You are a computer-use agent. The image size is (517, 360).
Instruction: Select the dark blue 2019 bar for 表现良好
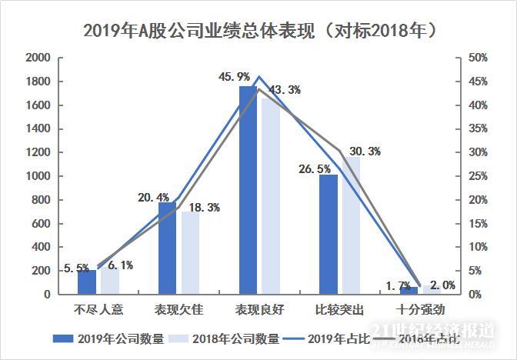(x=248, y=192)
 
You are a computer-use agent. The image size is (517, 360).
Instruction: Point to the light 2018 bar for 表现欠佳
(x=189, y=254)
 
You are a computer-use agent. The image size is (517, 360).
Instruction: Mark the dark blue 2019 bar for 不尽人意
(x=87, y=282)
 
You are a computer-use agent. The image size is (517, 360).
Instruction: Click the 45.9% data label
(x=234, y=76)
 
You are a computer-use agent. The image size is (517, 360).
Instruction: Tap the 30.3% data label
(x=365, y=152)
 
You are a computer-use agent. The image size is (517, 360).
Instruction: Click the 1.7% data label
(x=398, y=285)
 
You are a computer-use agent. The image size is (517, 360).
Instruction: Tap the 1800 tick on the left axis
(x=38, y=82)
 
